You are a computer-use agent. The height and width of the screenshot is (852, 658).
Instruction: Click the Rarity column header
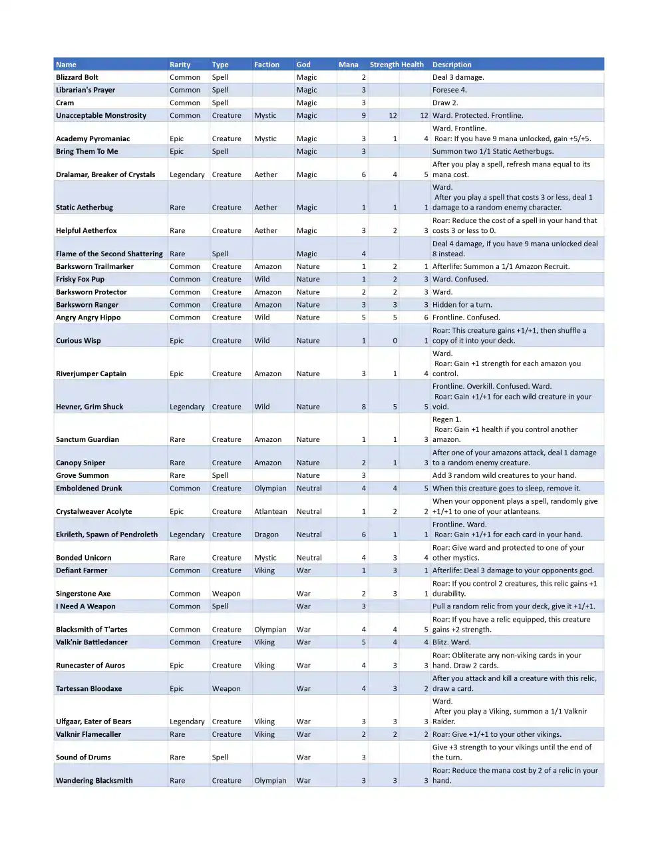[x=180, y=65]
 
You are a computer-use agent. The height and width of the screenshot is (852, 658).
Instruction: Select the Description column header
[x=452, y=65]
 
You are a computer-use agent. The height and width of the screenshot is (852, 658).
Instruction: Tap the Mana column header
[x=348, y=65]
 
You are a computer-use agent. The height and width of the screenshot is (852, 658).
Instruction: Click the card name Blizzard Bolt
[x=77, y=77]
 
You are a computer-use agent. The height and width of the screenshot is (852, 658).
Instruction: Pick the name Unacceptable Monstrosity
[x=101, y=115]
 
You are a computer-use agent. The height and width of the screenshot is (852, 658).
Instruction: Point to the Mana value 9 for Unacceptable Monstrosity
[x=363, y=115]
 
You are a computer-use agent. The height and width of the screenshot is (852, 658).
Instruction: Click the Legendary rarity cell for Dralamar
[x=187, y=174]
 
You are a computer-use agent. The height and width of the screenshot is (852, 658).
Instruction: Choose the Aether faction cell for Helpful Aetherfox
[x=265, y=230]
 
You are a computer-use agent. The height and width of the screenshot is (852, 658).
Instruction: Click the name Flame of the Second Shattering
[x=109, y=254]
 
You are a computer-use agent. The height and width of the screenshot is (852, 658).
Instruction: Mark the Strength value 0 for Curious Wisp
[x=395, y=340]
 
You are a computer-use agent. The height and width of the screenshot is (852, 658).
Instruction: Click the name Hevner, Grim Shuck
[x=90, y=407]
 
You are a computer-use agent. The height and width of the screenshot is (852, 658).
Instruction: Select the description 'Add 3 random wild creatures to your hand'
[x=504, y=475]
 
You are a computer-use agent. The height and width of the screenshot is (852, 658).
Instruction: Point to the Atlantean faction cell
[x=271, y=511]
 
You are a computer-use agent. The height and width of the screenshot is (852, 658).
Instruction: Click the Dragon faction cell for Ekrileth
[x=266, y=534]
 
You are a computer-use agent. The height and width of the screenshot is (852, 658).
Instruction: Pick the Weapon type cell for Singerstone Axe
[x=226, y=594]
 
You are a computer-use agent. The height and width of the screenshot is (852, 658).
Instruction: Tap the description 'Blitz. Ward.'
[x=451, y=642]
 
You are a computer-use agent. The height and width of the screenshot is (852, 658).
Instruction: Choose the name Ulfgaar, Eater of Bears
[x=94, y=722]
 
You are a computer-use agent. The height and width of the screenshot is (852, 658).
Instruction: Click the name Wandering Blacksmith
[x=94, y=781]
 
